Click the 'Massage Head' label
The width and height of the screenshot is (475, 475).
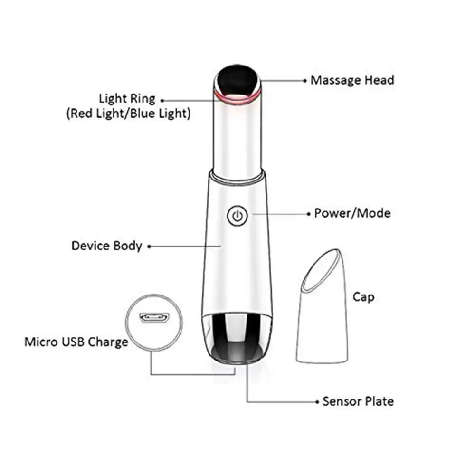coord(352,80)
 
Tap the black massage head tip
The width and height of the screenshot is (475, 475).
coord(237,79)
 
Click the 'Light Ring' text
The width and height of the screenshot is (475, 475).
coord(127,99)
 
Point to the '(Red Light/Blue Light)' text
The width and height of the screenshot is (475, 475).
coord(128,114)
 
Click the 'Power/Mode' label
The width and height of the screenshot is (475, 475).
coord(352,213)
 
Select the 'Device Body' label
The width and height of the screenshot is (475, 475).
coord(106,246)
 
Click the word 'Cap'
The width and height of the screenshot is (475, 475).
coord(363,297)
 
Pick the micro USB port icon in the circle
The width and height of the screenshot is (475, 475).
coord(154,318)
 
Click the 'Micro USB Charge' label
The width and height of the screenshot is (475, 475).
coord(76,342)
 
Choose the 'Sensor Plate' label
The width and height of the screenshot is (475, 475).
coord(358,401)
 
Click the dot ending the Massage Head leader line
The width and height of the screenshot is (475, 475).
coord(305,81)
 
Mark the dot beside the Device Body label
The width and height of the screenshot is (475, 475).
coord(149,247)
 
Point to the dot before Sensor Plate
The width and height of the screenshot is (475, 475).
coord(317,402)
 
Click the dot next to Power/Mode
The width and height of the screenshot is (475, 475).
coord(309,214)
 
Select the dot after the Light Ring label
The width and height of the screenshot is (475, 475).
coord(162,101)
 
